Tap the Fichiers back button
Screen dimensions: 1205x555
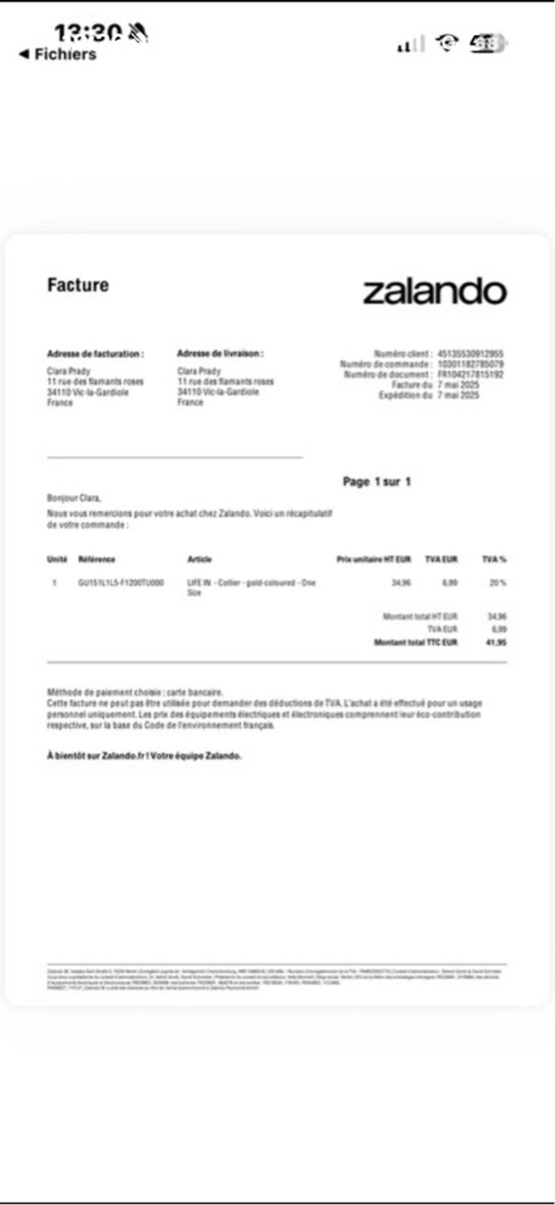[57, 54]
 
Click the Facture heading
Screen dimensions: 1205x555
[78, 285]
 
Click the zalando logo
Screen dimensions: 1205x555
[434, 291]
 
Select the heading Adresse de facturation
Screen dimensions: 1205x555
[95, 354]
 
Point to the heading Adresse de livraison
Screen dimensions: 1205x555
[220, 354]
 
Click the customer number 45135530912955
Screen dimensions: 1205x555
[470, 354]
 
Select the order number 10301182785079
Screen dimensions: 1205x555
[470, 364]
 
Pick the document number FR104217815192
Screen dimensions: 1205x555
[470, 374]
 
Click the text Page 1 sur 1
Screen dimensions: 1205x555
[377, 481]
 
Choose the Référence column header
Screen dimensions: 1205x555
[97, 560]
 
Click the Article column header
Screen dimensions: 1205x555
[199, 560]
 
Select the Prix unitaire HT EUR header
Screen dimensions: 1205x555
[373, 560]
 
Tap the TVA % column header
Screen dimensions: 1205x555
[494, 560]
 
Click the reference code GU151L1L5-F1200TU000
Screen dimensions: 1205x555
[121, 583]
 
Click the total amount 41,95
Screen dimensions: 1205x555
[496, 642]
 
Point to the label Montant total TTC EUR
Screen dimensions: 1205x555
[415, 642]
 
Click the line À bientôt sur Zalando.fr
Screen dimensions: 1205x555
[144, 756]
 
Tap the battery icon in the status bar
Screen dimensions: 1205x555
[485, 44]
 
